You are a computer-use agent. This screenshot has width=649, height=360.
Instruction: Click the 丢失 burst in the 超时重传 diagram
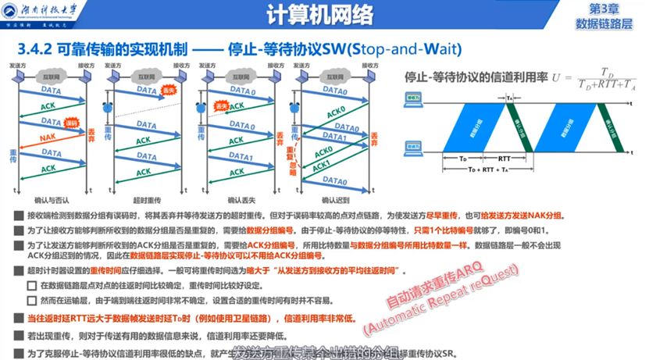[x=167, y=90]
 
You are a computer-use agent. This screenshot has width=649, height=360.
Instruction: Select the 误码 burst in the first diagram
[x=71, y=123]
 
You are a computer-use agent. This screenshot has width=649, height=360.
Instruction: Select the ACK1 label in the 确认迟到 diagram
[x=320, y=166]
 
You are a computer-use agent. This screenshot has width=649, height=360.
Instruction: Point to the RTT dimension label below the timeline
[x=504, y=158]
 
